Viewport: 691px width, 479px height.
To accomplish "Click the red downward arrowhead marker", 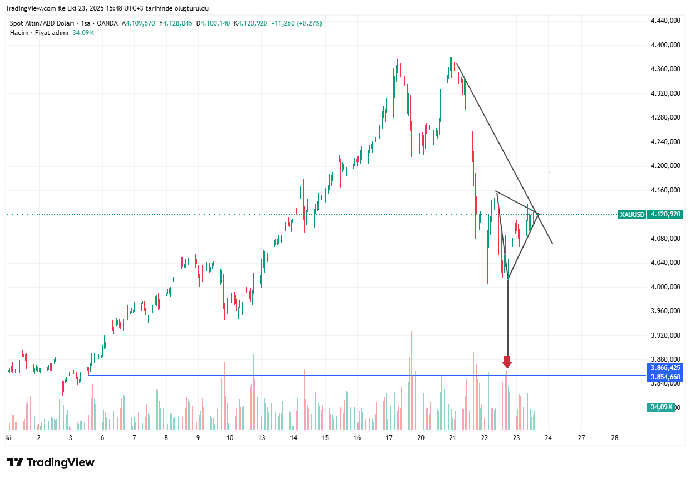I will pyautogui.click(x=507, y=362).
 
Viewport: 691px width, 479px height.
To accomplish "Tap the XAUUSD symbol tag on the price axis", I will pyautogui.click(x=632, y=214).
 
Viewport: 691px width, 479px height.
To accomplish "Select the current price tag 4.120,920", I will pyautogui.click(x=665, y=214).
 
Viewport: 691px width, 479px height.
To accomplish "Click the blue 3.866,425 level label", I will pyautogui.click(x=665, y=368).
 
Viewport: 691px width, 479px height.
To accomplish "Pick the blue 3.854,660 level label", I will pyautogui.click(x=665, y=377).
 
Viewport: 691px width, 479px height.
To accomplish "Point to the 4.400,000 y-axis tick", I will pyautogui.click(x=665, y=45).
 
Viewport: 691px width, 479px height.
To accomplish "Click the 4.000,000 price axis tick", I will pyautogui.click(x=665, y=287).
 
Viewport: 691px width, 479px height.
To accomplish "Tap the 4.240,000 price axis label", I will pyautogui.click(x=665, y=142).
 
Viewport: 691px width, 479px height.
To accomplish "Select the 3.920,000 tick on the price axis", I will pyautogui.click(x=665, y=335).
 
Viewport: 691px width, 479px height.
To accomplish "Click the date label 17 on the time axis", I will pyautogui.click(x=389, y=438).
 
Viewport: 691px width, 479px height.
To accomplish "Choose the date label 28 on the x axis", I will pyautogui.click(x=614, y=438).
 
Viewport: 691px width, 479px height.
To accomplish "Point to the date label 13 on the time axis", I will pyautogui.click(x=261, y=438).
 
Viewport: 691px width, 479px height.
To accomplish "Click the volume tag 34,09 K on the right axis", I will pyautogui.click(x=662, y=407).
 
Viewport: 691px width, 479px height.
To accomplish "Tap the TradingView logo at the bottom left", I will pyautogui.click(x=51, y=462).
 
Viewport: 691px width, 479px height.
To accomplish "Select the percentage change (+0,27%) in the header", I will pyautogui.click(x=304, y=23).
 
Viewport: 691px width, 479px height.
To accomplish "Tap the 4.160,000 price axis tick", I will pyautogui.click(x=665, y=190).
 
